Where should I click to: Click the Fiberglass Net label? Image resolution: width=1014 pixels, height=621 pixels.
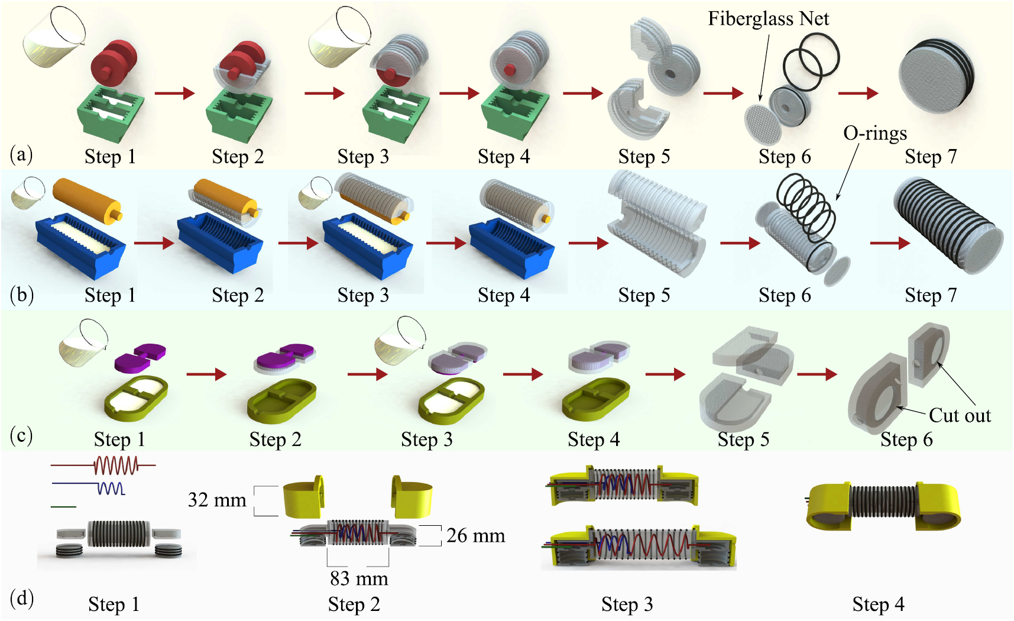click(768, 19)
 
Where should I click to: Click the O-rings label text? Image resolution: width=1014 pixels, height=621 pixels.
click(874, 133)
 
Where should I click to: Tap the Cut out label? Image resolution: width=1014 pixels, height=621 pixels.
click(959, 415)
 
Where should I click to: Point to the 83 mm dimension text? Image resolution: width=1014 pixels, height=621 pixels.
click(359, 578)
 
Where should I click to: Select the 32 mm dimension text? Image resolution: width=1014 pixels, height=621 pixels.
click(217, 500)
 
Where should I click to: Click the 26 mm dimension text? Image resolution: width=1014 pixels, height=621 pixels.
click(475, 536)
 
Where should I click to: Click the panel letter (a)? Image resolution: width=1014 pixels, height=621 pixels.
click(21, 155)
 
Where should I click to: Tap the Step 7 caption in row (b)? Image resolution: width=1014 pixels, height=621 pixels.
click(930, 295)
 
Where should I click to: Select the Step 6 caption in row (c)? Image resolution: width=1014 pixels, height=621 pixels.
click(906, 439)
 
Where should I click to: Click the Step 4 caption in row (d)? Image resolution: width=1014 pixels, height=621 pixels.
click(878, 604)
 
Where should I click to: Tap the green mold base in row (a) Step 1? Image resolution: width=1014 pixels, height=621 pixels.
click(111, 115)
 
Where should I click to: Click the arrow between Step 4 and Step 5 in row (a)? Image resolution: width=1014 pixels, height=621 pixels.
click(582, 93)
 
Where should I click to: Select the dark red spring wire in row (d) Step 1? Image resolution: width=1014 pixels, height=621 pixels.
click(116, 466)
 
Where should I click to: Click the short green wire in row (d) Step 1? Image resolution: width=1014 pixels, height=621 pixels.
click(63, 506)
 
